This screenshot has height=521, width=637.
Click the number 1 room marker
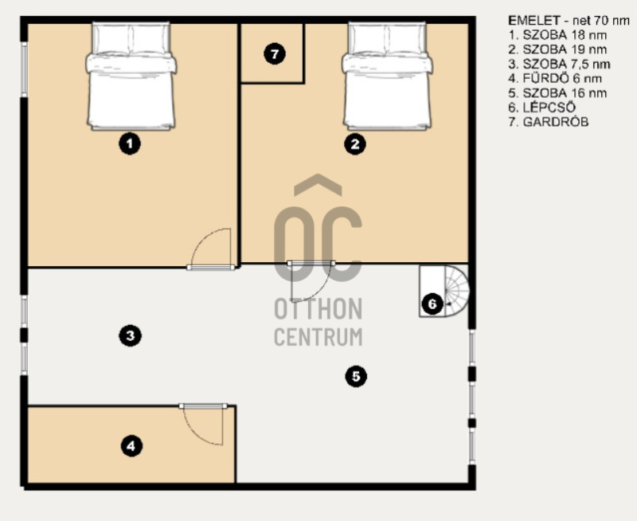click(130, 144)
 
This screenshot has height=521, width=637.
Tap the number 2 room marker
click(355, 144)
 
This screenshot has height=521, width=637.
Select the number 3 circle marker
click(130, 335)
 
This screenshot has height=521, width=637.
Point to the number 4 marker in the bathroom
click(131, 446)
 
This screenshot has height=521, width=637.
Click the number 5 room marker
click(356, 376)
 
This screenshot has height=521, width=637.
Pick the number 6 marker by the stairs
click(432, 304)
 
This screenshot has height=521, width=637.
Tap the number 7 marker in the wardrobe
click(275, 53)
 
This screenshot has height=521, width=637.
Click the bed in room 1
click(131, 76)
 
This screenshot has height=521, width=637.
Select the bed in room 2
click(387, 76)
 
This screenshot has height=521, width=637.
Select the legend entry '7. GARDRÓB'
click(549, 122)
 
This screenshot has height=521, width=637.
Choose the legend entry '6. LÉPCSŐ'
click(542, 108)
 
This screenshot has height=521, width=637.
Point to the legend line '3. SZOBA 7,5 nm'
click(560, 64)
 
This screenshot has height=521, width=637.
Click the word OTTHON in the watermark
click(318, 308)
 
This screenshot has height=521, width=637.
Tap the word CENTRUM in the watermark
click(318, 336)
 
